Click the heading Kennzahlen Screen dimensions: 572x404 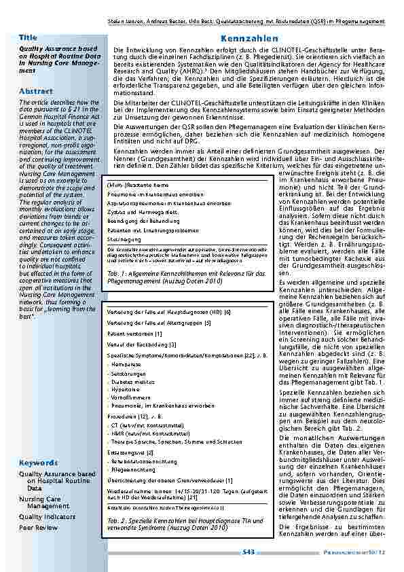[x=249, y=39]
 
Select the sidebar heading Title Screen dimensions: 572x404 [x=28, y=37]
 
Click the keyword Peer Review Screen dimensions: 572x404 [x=37, y=526]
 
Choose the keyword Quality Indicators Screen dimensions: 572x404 [x=48, y=517]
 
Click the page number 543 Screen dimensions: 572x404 [x=249, y=552]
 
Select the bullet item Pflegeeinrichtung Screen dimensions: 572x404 [x=134, y=469]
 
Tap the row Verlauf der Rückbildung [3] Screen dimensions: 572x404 [x=139, y=345]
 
